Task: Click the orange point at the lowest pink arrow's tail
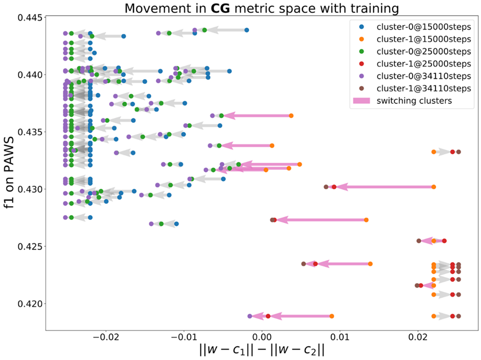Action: coord(332,316)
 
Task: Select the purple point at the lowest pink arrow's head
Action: coord(250,316)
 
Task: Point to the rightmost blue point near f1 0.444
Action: coord(247,30)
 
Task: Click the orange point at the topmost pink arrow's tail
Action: coord(291,116)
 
